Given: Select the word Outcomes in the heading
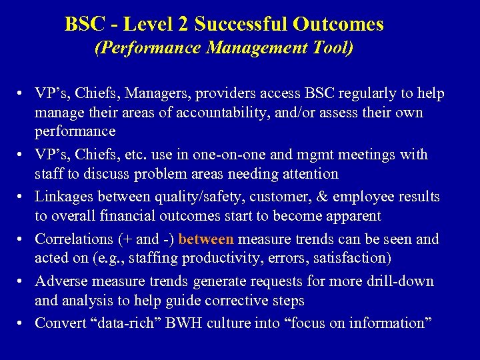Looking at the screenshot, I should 337,25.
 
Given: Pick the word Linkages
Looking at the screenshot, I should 65,197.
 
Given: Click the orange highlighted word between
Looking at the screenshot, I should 206,239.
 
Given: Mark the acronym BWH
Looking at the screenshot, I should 176,323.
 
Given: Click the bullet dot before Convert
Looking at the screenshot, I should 22,323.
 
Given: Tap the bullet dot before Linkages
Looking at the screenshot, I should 22,197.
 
